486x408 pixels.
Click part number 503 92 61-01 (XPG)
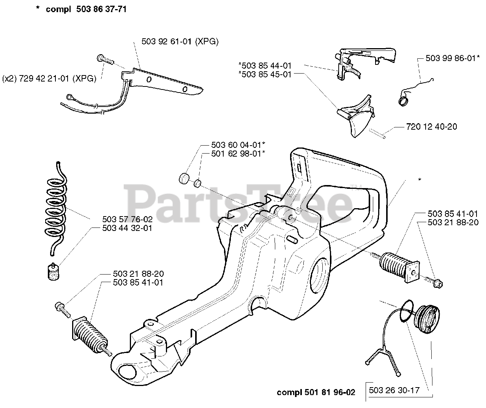[x=180, y=42]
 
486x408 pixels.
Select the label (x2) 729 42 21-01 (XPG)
[x=49, y=78]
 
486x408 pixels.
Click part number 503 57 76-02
[x=127, y=220]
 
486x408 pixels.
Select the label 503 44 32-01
[x=127, y=228]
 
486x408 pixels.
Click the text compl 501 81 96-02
[x=316, y=392]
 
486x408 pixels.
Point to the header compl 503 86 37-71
[x=86, y=9]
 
